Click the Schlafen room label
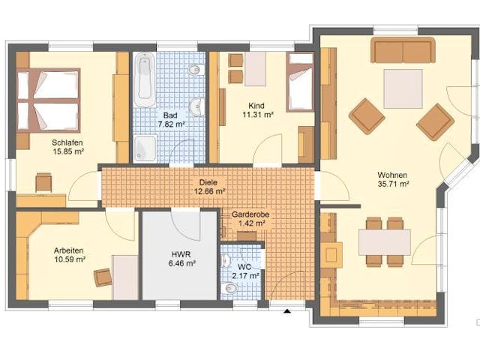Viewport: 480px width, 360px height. click(x=67, y=142)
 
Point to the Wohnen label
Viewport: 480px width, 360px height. click(x=393, y=174)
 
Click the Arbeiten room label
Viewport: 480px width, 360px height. click(x=69, y=250)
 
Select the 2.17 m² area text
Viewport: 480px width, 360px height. click(x=246, y=276)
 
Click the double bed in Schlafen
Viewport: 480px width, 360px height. click(x=49, y=100)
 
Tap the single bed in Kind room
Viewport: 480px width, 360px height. click(x=301, y=82)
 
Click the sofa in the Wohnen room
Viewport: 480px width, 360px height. click(x=403, y=51)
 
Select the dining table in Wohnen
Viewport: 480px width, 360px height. click(x=384, y=241)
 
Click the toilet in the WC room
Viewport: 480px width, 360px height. click(x=231, y=287)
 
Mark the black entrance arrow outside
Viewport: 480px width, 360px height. click(x=286, y=310)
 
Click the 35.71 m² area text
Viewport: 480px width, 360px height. click(x=393, y=183)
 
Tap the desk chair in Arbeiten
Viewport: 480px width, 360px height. click(x=103, y=277)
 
